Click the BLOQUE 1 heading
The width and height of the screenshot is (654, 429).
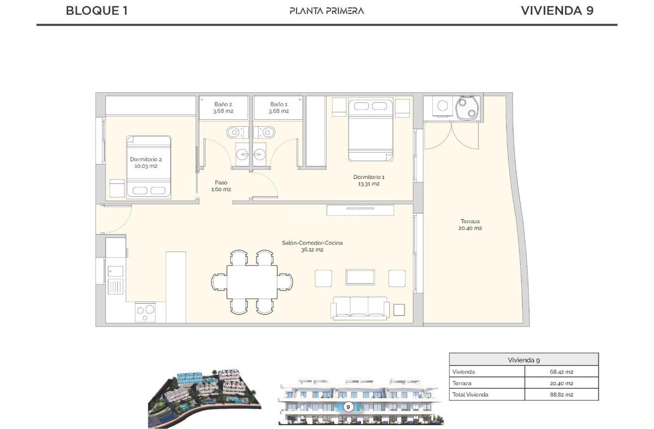coord(96,10)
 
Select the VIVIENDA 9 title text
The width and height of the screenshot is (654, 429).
coord(557,10)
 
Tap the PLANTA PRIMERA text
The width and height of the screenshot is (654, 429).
coord(327,10)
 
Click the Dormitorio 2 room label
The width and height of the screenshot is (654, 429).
coord(146,163)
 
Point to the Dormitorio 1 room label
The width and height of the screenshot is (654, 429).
coord(369,180)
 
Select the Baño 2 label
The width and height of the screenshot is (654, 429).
coord(223,107)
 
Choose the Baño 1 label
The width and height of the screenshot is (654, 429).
coord(279,107)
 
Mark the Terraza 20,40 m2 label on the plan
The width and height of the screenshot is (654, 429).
coord(469,225)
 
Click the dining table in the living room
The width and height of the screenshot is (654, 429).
coord(252,282)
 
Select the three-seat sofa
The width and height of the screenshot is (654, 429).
coord(360,308)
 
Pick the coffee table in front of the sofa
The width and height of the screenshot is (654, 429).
coord(360,277)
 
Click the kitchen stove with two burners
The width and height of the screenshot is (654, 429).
coord(145,312)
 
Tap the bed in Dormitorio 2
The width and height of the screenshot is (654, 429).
coord(149,168)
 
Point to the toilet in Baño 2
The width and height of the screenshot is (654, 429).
coord(235,133)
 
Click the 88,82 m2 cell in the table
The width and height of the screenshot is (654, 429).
coord(561,395)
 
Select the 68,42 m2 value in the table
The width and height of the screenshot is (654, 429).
coord(561,371)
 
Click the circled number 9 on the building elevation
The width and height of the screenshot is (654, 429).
coord(348,407)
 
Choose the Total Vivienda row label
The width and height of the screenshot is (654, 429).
coord(470,395)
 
